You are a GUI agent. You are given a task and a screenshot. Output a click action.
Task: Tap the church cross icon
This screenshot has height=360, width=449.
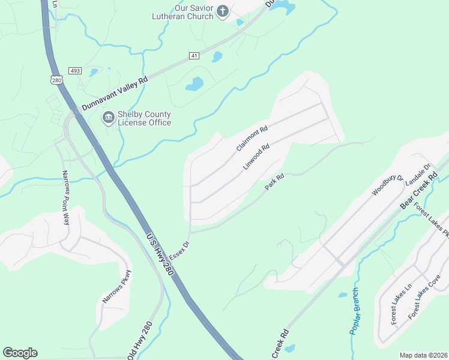(x=223, y=11)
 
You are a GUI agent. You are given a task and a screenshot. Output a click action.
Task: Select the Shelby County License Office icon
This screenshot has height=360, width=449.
(x=108, y=118)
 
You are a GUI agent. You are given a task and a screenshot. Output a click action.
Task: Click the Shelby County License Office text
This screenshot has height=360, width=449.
(x=144, y=119)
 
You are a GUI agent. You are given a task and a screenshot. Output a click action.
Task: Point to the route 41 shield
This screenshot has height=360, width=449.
(x=193, y=56)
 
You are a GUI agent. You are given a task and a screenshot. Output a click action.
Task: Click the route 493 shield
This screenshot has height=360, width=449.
(x=74, y=71)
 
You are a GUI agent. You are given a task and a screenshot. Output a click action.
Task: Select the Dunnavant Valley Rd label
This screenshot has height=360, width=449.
(x=115, y=92)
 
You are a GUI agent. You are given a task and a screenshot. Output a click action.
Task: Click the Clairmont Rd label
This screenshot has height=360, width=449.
(x=252, y=138)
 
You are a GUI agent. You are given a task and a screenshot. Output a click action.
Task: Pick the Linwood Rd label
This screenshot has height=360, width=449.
(x=257, y=155)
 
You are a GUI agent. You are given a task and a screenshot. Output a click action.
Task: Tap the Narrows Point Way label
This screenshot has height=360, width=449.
(x=65, y=197)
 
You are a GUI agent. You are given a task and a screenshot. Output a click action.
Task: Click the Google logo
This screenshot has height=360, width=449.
(x=20, y=353)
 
